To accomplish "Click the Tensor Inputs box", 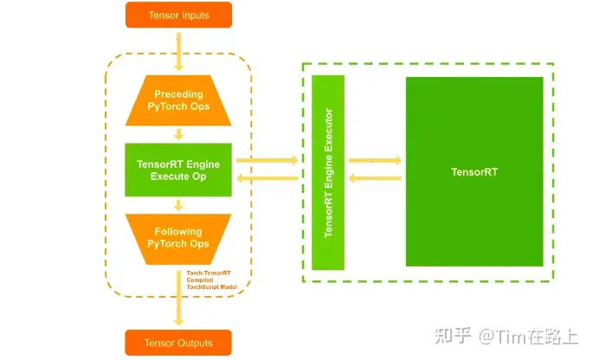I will (x=178, y=15).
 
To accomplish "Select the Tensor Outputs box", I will (x=178, y=343).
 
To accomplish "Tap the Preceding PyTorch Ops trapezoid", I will (x=178, y=100).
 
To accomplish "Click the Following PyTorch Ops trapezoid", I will (x=178, y=238).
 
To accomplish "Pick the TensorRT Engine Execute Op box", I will (x=178, y=170).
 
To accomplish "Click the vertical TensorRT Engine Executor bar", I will (x=328, y=172).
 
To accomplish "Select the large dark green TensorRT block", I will (x=474, y=171).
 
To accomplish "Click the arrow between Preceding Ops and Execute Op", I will (x=178, y=133).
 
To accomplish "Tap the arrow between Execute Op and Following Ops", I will (x=178, y=205).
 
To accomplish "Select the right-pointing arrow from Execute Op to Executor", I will (x=267, y=160).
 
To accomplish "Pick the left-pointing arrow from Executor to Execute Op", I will (x=267, y=179).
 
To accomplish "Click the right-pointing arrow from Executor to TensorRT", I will (x=374, y=160).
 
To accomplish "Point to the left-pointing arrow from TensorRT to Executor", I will (x=374, y=179).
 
